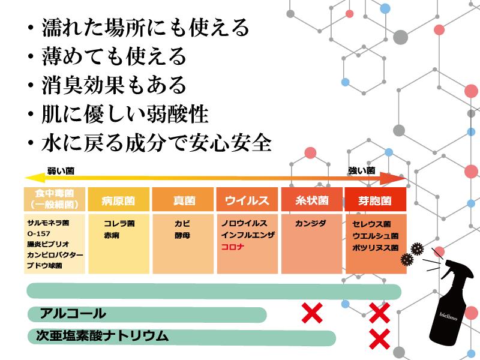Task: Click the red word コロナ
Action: (x=232, y=247)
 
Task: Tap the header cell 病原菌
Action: (x=118, y=199)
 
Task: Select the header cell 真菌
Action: (x=183, y=199)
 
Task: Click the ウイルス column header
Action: (x=247, y=199)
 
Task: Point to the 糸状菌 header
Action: (x=311, y=199)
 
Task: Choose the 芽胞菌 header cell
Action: (x=376, y=199)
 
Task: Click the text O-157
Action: (x=38, y=233)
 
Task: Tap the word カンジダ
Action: (x=310, y=223)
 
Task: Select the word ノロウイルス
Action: (x=244, y=223)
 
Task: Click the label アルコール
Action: (x=73, y=314)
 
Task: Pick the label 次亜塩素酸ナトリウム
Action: (x=102, y=336)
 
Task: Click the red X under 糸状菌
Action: (x=312, y=313)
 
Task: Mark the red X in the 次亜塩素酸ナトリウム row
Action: (x=380, y=339)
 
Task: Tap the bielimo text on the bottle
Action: (x=448, y=316)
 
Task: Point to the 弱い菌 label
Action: (x=61, y=170)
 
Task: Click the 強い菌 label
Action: (x=362, y=170)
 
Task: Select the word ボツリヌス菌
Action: (x=376, y=247)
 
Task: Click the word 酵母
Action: (x=182, y=235)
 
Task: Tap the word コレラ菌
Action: (x=119, y=223)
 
